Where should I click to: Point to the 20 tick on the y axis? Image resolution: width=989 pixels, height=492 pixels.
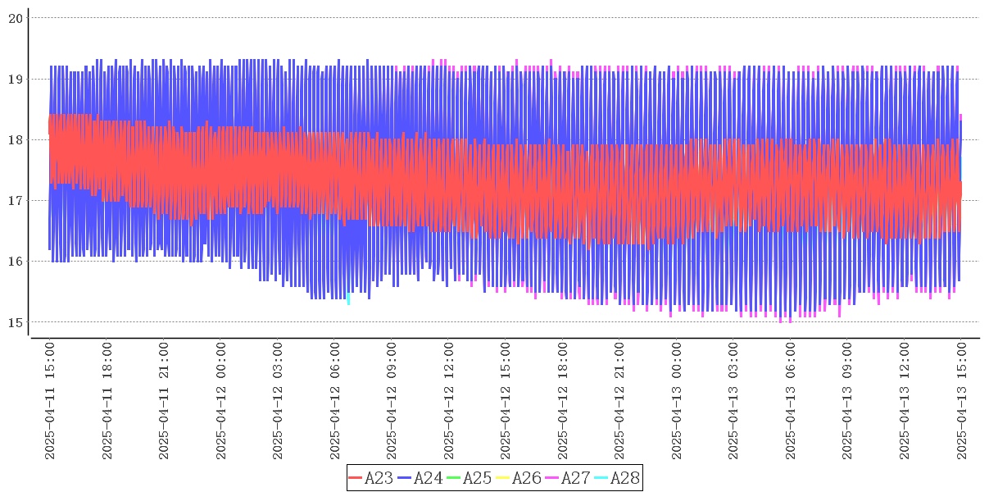[x=16, y=18]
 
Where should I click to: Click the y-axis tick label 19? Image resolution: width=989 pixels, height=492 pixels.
[x=16, y=79]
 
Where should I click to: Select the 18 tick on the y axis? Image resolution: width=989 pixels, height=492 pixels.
[x=16, y=139]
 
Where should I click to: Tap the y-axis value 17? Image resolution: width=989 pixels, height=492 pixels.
[x=16, y=200]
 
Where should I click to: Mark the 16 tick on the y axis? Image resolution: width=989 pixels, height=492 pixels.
[x=16, y=261]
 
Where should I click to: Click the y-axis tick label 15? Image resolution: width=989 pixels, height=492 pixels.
[x=16, y=321]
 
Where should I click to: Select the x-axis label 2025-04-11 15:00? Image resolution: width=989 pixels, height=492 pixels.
[x=50, y=401]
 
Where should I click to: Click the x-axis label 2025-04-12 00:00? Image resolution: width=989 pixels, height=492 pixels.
[x=221, y=401]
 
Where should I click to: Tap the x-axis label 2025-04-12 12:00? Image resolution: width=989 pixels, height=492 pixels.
[x=449, y=401]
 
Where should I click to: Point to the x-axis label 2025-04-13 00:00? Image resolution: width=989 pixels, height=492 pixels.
[x=677, y=401]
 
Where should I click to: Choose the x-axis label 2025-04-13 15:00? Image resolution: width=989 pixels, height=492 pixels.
[x=962, y=401]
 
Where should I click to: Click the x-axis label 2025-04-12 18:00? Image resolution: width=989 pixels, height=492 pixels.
[x=563, y=401]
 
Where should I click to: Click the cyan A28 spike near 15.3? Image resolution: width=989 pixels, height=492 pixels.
[x=348, y=299]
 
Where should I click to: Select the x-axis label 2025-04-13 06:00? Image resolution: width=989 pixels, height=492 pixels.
[x=791, y=401]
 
